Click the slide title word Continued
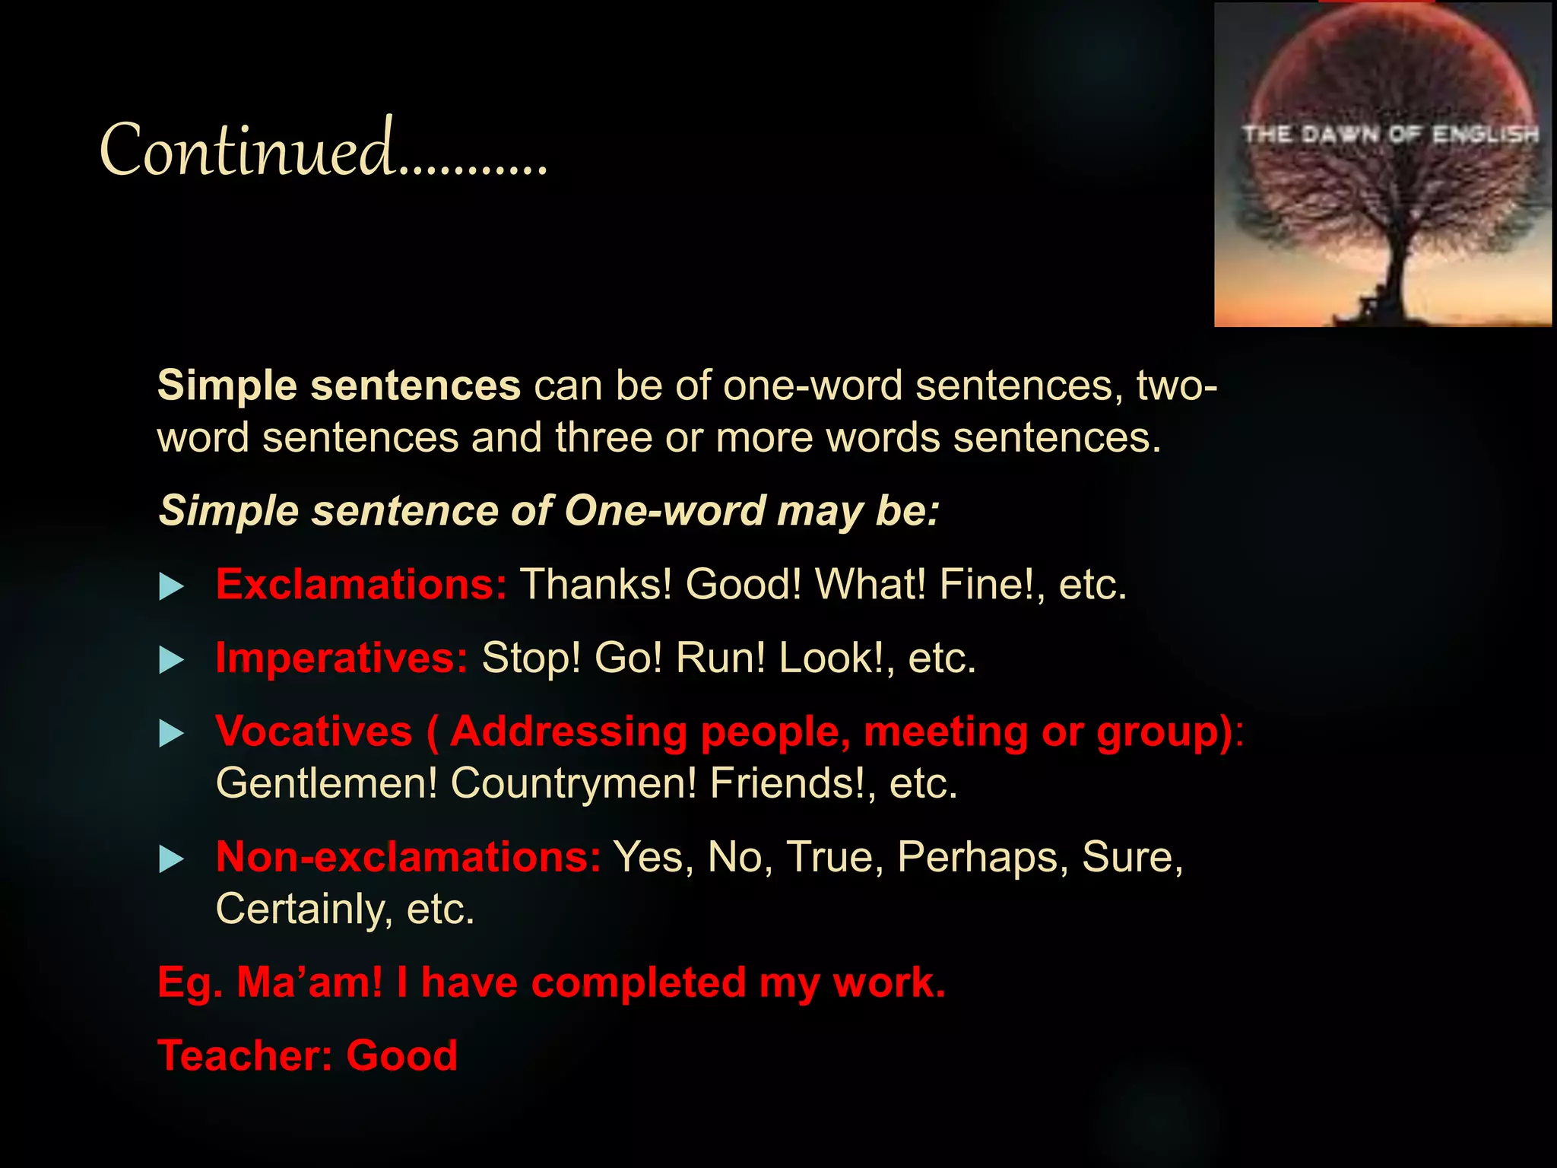pyautogui.click(x=247, y=149)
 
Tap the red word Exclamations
pyautogui.click(x=360, y=585)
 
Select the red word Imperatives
pyautogui.click(x=341, y=658)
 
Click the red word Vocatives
pyautogui.click(x=313, y=732)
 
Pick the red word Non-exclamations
pyautogui.click(x=407, y=857)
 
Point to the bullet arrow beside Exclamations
pyautogui.click(x=172, y=587)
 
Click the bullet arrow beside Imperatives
pyautogui.click(x=172, y=660)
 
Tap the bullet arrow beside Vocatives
pyautogui.click(x=172, y=734)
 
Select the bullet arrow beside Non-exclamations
pyautogui.click(x=172, y=860)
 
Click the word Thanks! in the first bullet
pyautogui.click(x=595, y=585)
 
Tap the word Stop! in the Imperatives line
pyautogui.click(x=531, y=658)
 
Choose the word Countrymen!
pyautogui.click(x=573, y=783)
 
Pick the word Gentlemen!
pyautogui.click(x=327, y=783)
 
